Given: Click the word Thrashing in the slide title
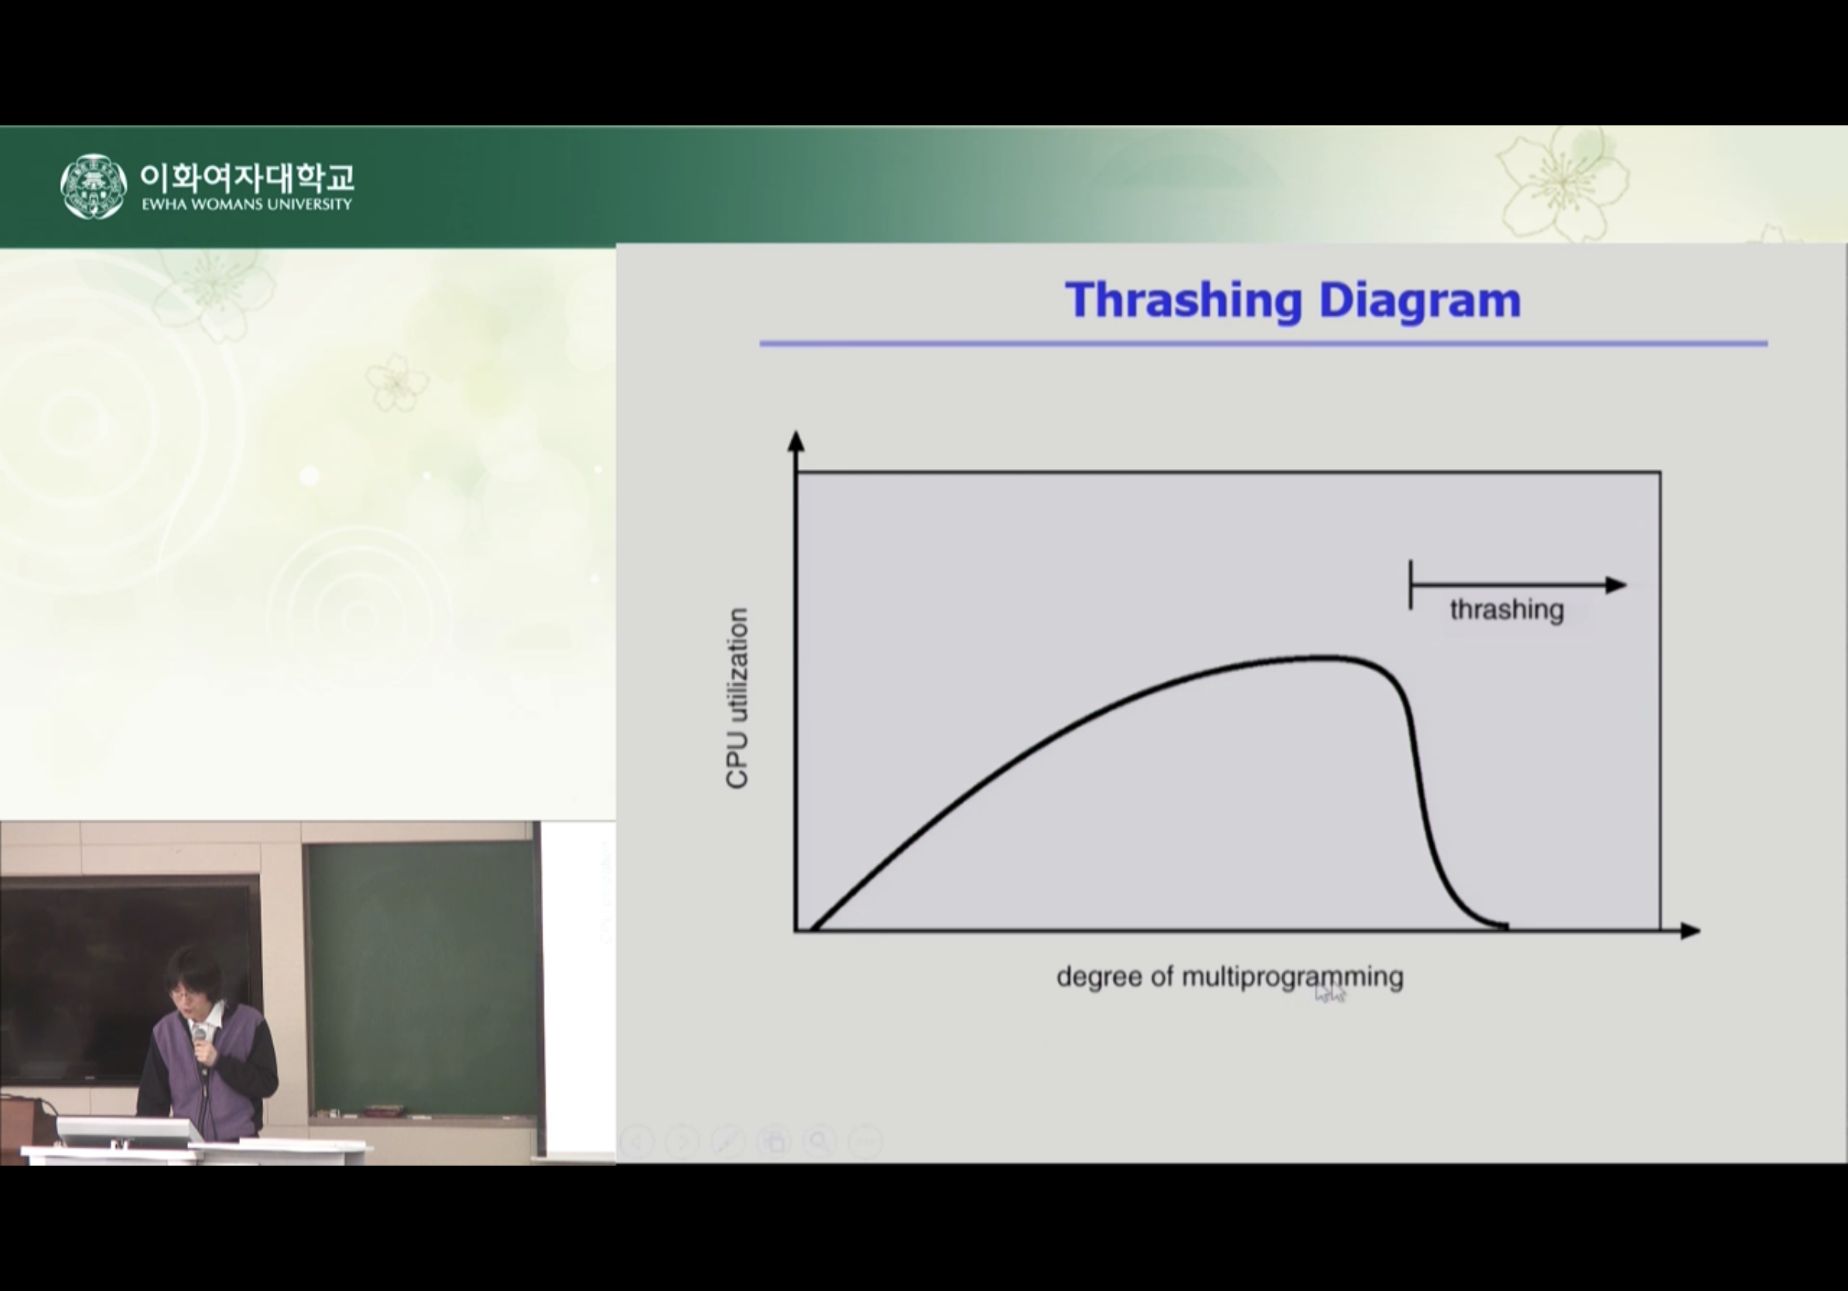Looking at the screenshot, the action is pyautogui.click(x=1183, y=301).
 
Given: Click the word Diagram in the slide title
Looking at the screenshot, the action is pyautogui.click(x=1420, y=301).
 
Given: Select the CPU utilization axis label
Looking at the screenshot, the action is pyautogui.click(x=737, y=699).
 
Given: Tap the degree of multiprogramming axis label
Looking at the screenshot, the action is pyautogui.click(x=1230, y=977).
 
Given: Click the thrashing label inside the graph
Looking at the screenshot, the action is pyautogui.click(x=1507, y=610).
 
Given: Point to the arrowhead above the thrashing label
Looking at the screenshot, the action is pyautogui.click(x=1616, y=585).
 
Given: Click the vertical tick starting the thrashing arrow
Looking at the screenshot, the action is pyautogui.click(x=1410, y=585).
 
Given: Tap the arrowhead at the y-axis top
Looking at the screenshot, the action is pyautogui.click(x=796, y=441).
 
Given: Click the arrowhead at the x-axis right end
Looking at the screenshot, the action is pyautogui.click(x=1690, y=931).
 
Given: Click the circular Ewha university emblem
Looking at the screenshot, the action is pyautogui.click(x=94, y=187).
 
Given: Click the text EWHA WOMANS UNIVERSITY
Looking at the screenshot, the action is pyautogui.click(x=246, y=204).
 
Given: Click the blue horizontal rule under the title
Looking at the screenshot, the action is pyautogui.click(x=1264, y=344).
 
